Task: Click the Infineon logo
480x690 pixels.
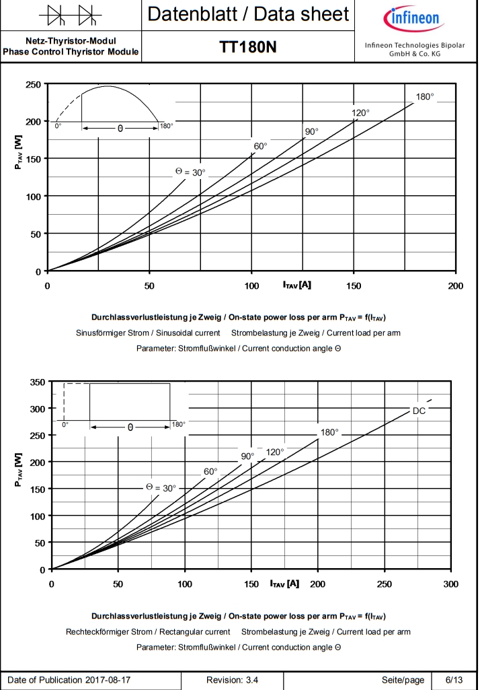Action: (412, 18)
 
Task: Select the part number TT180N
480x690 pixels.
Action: (248, 47)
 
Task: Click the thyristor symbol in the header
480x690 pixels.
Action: (71, 14)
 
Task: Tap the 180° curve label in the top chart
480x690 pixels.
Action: (425, 97)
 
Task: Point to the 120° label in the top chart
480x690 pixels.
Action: (360, 113)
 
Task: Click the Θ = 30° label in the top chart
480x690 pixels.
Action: (190, 172)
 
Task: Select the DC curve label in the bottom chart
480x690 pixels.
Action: (418, 411)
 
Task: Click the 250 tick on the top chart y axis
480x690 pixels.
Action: (32, 84)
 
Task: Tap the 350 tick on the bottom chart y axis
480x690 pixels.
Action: (37, 382)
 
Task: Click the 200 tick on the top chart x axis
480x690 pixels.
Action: (455, 285)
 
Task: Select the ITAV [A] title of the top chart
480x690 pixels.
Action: (296, 285)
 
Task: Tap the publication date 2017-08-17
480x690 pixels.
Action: (112, 680)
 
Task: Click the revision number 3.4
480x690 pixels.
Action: (251, 680)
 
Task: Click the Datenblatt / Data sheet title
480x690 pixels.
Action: (248, 14)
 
